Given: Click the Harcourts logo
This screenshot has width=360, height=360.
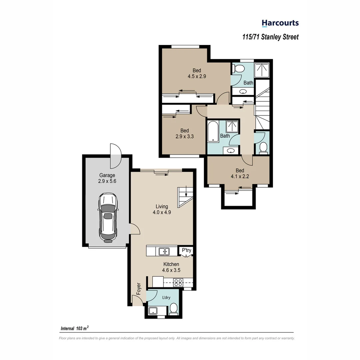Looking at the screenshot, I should click(x=280, y=23).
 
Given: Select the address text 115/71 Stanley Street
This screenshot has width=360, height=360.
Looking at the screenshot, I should click(x=270, y=37).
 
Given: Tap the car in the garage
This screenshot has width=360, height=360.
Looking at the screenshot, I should click(x=107, y=218).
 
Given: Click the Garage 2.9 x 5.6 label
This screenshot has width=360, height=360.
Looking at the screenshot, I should click(x=107, y=178).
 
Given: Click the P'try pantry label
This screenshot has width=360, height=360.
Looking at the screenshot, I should click(x=186, y=250).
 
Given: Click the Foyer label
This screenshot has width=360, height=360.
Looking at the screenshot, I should click(x=139, y=289).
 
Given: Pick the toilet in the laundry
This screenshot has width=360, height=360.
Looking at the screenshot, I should click(x=173, y=309).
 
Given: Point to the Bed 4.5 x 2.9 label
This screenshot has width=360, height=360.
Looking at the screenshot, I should click(x=197, y=73).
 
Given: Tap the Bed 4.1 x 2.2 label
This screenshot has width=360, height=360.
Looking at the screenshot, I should click(x=238, y=173).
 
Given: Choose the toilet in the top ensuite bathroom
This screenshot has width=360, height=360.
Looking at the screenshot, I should click(x=239, y=69).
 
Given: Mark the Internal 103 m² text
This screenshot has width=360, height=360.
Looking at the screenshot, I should click(x=74, y=328).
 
